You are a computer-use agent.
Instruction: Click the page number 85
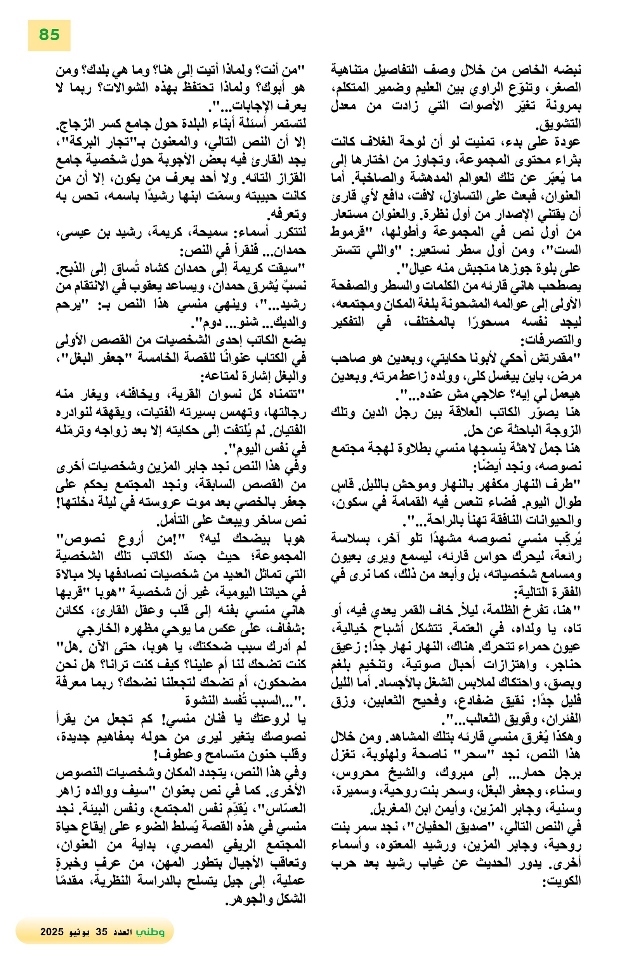coord(49,35)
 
